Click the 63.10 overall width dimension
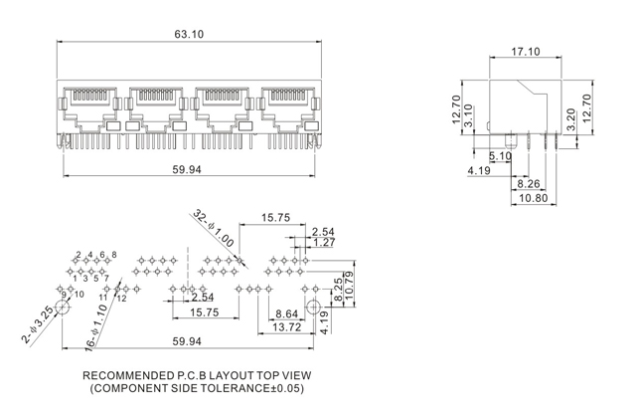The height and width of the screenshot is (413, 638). point(189,35)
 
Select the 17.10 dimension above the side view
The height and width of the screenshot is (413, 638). point(527,52)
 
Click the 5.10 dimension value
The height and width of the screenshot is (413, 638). point(500,156)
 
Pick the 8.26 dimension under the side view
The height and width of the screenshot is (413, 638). point(529,184)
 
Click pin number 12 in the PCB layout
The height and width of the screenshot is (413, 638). point(121,297)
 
